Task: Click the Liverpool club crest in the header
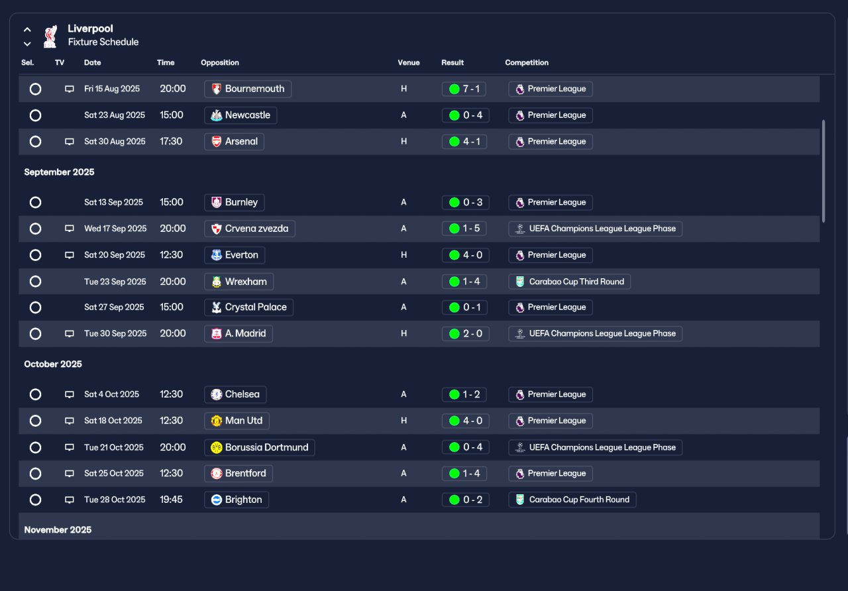tap(50, 36)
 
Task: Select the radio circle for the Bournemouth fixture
tap(36, 89)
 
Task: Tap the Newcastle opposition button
tap(240, 115)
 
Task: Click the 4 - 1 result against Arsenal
tap(464, 142)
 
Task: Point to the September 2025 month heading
tap(59, 172)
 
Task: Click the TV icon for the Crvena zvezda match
tap(69, 229)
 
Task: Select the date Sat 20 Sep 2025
tap(115, 255)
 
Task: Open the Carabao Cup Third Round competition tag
tap(570, 282)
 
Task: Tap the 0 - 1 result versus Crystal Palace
tap(464, 307)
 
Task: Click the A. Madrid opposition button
tap(238, 334)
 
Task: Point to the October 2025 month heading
tap(53, 364)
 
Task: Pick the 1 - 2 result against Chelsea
tap(464, 394)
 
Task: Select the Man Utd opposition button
tap(237, 421)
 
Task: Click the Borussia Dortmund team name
tap(266, 447)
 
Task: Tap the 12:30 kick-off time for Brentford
tap(171, 473)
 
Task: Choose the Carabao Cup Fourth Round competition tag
tap(572, 500)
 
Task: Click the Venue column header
tap(408, 63)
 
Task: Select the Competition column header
tap(527, 63)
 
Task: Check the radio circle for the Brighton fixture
tap(36, 500)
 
